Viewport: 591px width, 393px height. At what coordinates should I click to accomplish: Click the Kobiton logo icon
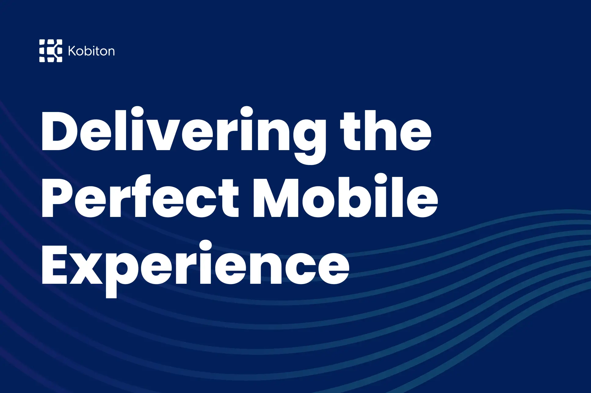click(x=51, y=51)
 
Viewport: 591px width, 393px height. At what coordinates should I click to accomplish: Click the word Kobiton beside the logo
click(x=91, y=51)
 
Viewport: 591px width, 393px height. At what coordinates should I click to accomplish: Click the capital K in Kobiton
click(x=72, y=51)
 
